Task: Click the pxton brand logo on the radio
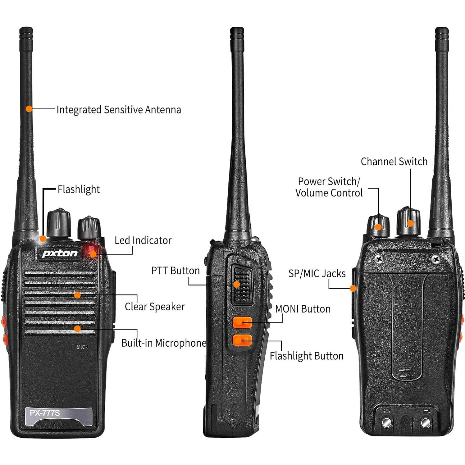[60, 253]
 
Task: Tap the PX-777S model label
[45, 413]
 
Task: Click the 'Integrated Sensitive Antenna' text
[119, 110]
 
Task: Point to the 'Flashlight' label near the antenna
[79, 189]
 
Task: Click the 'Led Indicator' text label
[143, 240]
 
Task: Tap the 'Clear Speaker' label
[155, 307]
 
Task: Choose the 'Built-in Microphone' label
[164, 343]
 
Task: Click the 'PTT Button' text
[176, 271]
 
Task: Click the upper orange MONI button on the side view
[242, 322]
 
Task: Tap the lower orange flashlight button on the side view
[242, 340]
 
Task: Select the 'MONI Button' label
[303, 309]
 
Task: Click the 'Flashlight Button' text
[307, 356]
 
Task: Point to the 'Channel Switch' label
[394, 162]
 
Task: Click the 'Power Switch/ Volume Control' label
[329, 187]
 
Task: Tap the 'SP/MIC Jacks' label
[317, 273]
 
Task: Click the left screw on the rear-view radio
[379, 258]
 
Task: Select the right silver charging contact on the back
[425, 423]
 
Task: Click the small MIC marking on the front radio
[81, 347]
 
